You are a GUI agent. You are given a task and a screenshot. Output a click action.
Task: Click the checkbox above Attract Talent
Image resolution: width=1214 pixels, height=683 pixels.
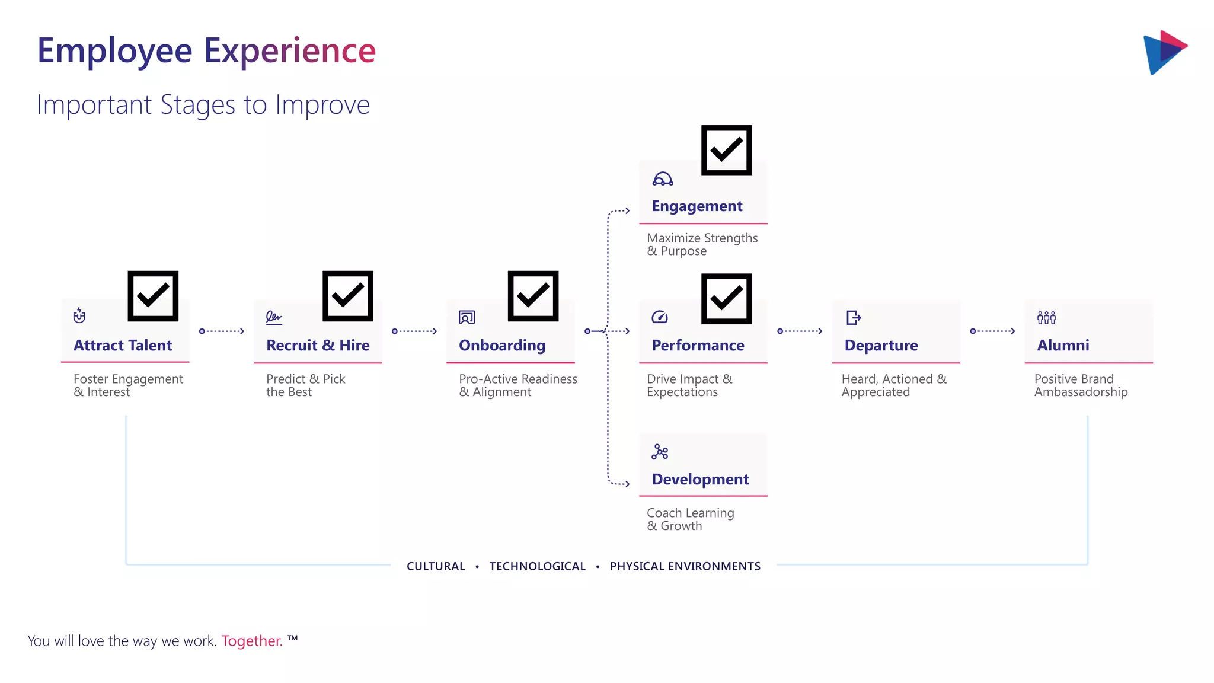click(153, 296)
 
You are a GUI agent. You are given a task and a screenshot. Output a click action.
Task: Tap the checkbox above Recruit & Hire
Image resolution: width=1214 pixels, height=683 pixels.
click(347, 296)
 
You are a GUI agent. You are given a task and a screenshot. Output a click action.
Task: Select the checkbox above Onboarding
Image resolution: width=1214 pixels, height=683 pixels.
click(533, 296)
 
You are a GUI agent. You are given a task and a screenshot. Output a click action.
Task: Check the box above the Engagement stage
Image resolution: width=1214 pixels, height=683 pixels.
click(726, 151)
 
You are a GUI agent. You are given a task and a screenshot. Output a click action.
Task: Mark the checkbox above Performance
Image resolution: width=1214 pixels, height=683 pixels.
click(726, 299)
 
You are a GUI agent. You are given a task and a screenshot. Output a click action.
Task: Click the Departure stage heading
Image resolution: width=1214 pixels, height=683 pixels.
click(881, 345)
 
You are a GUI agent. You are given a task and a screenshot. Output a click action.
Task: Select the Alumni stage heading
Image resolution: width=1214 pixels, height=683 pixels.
click(1063, 345)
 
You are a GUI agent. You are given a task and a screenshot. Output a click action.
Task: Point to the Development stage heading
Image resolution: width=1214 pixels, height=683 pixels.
click(700, 479)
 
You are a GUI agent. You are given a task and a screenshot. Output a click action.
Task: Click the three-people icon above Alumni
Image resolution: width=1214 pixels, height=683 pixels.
click(1046, 318)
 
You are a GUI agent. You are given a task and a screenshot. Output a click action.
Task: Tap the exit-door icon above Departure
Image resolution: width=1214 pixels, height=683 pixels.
click(854, 318)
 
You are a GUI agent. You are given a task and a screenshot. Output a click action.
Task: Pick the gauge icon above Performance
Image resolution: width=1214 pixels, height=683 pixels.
click(660, 318)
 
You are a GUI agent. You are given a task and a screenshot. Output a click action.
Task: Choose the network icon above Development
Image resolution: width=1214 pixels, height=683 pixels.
click(660, 452)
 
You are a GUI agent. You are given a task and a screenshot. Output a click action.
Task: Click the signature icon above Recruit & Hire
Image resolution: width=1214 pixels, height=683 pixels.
click(274, 318)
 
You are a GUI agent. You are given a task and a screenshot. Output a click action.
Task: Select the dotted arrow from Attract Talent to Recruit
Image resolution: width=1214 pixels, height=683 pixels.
click(222, 331)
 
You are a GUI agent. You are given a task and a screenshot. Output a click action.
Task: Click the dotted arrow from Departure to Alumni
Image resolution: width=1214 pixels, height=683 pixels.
click(992, 331)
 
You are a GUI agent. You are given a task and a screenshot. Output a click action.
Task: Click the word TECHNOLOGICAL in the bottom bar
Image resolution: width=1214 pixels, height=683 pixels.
click(537, 566)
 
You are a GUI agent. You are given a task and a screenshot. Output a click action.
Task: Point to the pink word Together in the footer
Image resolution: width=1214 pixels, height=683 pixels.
click(252, 641)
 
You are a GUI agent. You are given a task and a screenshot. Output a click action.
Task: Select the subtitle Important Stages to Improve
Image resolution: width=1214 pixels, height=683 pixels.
click(203, 105)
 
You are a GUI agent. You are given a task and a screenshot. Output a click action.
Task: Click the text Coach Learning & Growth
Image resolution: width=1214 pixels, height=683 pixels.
click(690, 519)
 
